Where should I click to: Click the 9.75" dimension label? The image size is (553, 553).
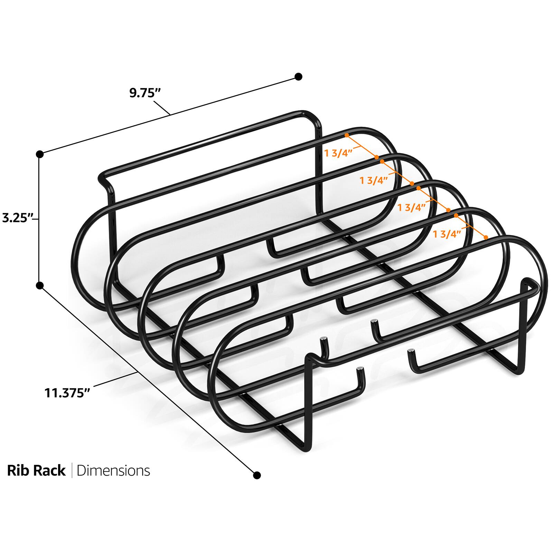pos(146,93)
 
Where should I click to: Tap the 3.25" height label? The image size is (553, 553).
pos(17,218)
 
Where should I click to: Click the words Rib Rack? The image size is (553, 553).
pos(36,471)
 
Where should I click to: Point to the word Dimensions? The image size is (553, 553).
pos(113,471)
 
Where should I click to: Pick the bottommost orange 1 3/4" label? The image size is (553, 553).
pos(447,234)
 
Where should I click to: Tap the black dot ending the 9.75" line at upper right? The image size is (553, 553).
pos(298,76)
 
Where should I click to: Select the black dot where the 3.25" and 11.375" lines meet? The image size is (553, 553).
pos(40,285)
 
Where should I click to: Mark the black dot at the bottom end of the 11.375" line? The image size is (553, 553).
pos(257,475)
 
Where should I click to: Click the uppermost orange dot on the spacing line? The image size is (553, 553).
pos(347,135)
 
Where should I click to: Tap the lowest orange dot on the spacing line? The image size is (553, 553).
pos(486,237)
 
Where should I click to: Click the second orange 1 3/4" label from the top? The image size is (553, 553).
pos(374,180)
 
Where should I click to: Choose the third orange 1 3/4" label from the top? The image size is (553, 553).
pos(411,207)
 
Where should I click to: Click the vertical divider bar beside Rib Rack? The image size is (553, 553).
pos(72,471)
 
